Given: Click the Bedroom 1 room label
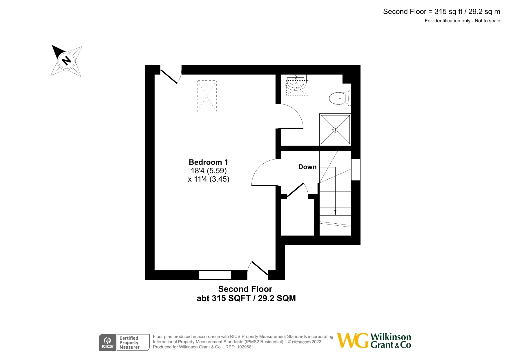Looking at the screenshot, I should [208, 162].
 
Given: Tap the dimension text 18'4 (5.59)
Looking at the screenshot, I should [209, 171].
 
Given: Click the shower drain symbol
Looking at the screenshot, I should [335, 130].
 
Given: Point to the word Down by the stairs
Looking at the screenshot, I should [307, 167].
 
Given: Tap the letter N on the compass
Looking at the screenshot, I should [67, 61].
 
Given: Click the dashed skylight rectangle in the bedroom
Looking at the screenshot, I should [207, 96].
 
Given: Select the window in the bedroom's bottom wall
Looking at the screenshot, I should [215, 275].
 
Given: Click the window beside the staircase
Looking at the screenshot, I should [356, 170].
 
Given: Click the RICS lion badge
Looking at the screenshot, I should [107, 342].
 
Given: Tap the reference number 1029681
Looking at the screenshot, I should [245, 347].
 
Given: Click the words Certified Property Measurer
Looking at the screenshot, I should [129, 343].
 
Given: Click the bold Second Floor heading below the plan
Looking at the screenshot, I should [245, 289].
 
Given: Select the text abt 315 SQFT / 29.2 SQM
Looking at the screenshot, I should [246, 298].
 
